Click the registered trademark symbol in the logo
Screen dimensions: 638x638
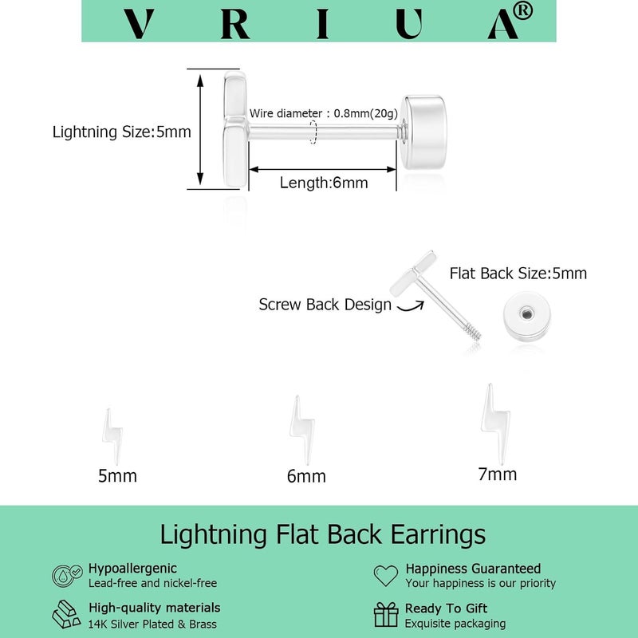pos(523,11)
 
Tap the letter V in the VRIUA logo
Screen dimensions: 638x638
pos(139,24)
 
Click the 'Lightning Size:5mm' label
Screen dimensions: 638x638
pos(122,132)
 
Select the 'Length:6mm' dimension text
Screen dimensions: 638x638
pos(324,183)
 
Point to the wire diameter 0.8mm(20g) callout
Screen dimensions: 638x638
pos(324,113)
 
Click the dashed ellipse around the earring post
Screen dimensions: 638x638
pos(313,132)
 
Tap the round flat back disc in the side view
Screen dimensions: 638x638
pos(424,132)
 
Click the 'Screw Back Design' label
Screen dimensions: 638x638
pos(325,305)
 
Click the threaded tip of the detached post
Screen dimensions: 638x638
pos(474,332)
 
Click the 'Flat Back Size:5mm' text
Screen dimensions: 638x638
pos(518,274)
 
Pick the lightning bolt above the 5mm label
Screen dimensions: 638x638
pos(112,436)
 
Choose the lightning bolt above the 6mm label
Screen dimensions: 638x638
pos(302,430)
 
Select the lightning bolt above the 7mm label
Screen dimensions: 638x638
pos(495,423)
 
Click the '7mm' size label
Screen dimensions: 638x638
pos(497,475)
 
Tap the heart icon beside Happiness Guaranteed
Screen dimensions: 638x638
pos(386,576)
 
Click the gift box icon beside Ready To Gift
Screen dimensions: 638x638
pos(386,614)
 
